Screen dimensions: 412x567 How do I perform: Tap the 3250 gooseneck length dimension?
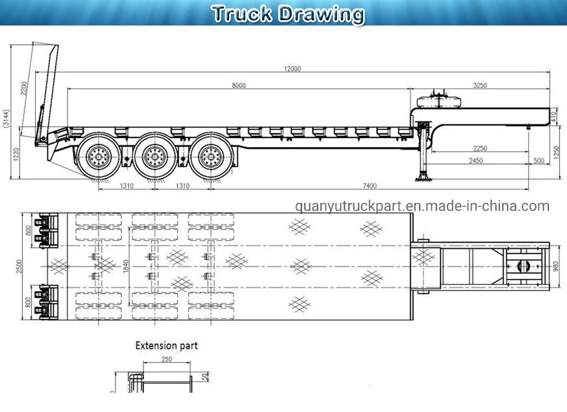pos(480,86)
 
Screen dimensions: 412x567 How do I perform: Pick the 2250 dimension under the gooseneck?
pos(480,148)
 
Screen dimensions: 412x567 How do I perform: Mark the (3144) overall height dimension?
pos(6,120)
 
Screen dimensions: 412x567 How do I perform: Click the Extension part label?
pos(166,345)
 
